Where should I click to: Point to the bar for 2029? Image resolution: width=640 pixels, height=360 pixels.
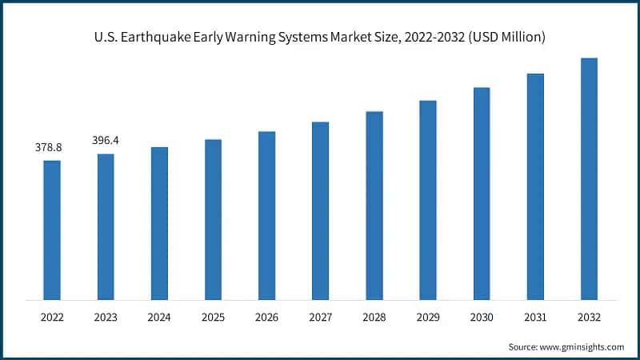click(x=428, y=200)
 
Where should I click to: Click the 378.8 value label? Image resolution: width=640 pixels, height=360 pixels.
click(x=49, y=148)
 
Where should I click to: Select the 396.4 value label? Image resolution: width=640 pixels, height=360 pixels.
click(x=105, y=141)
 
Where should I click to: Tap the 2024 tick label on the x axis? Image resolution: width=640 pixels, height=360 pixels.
click(x=159, y=318)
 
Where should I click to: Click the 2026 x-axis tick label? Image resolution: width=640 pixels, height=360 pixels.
click(x=266, y=318)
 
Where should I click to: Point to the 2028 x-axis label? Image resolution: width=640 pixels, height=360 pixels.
click(x=374, y=318)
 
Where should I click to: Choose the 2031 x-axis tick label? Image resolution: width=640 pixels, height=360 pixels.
click(x=535, y=318)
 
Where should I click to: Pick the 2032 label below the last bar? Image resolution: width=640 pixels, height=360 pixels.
click(x=589, y=318)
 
